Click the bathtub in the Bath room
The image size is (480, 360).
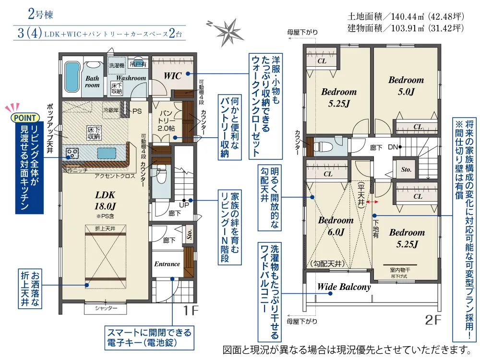tap(72, 79)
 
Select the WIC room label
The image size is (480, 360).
tap(172, 75)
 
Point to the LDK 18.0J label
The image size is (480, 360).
tap(107, 201)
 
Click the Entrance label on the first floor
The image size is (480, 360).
tap(167, 264)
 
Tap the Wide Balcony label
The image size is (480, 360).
tap(344, 287)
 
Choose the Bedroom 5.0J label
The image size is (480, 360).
tap(406, 85)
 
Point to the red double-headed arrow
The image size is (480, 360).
tap(371, 203)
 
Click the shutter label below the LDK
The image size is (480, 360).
tap(106, 308)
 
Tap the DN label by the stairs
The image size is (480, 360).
tap(392, 147)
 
